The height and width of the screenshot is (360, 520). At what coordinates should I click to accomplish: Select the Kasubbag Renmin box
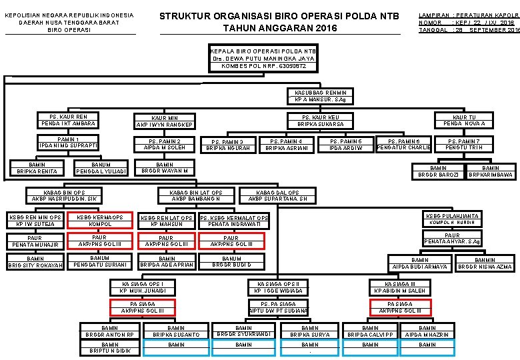[320, 96]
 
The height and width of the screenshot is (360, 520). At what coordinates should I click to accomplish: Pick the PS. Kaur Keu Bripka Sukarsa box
[321, 121]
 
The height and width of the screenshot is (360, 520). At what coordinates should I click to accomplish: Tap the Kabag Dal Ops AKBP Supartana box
[277, 195]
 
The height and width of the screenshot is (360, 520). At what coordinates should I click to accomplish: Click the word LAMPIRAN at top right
[433, 15]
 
